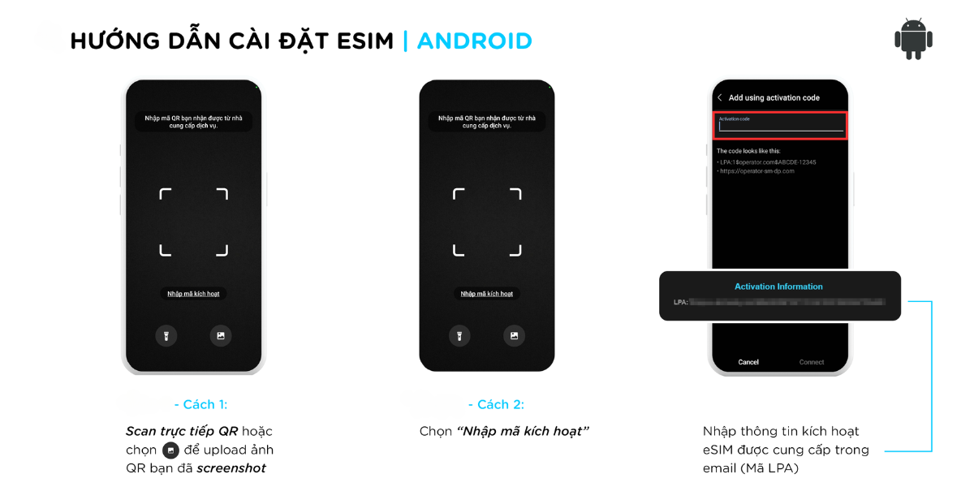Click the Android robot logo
913,39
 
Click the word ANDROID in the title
475,41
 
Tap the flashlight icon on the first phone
166,335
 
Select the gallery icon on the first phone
220,335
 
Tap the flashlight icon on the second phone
459,335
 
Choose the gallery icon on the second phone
514,335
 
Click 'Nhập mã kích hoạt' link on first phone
193,294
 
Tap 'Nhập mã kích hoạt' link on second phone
487,294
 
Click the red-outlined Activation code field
781,125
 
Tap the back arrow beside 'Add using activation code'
720,97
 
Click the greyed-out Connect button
812,362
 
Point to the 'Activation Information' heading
778,287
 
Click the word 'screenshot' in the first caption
231,468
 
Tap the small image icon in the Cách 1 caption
170,450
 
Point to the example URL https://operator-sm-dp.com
756,171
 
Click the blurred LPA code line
786,302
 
